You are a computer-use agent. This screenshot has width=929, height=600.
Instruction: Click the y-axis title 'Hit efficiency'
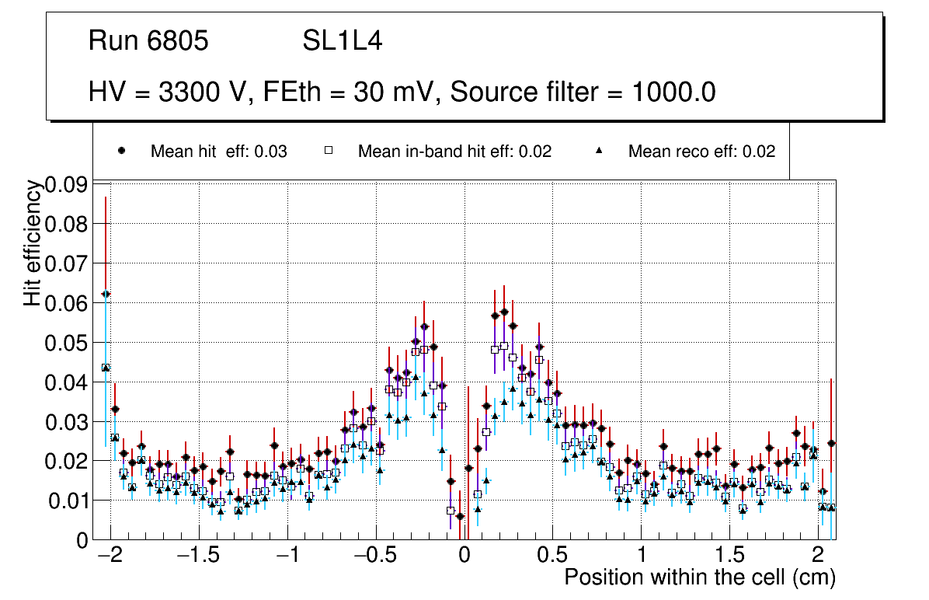tap(33, 242)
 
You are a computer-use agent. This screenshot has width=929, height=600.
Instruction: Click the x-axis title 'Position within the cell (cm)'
tap(699, 578)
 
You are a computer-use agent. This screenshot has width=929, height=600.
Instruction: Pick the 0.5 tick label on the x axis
tap(552, 557)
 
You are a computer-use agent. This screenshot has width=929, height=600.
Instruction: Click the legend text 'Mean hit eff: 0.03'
tap(219, 152)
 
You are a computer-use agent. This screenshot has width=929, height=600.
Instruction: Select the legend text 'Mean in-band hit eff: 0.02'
tap(454, 152)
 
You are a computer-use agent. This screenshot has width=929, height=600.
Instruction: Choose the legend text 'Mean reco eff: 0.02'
tap(701, 152)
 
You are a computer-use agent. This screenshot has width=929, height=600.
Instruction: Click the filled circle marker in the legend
tap(121, 152)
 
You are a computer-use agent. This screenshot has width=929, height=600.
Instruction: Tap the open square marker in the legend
tap(329, 152)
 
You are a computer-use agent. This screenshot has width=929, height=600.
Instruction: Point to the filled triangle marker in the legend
tap(599, 152)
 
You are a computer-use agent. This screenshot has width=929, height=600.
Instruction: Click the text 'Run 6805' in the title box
tap(148, 41)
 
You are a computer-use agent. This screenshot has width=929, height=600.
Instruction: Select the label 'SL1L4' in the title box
tap(343, 41)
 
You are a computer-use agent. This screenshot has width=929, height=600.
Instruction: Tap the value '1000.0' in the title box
tap(673, 92)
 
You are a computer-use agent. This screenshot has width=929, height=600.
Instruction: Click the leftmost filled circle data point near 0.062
tap(106, 294)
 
